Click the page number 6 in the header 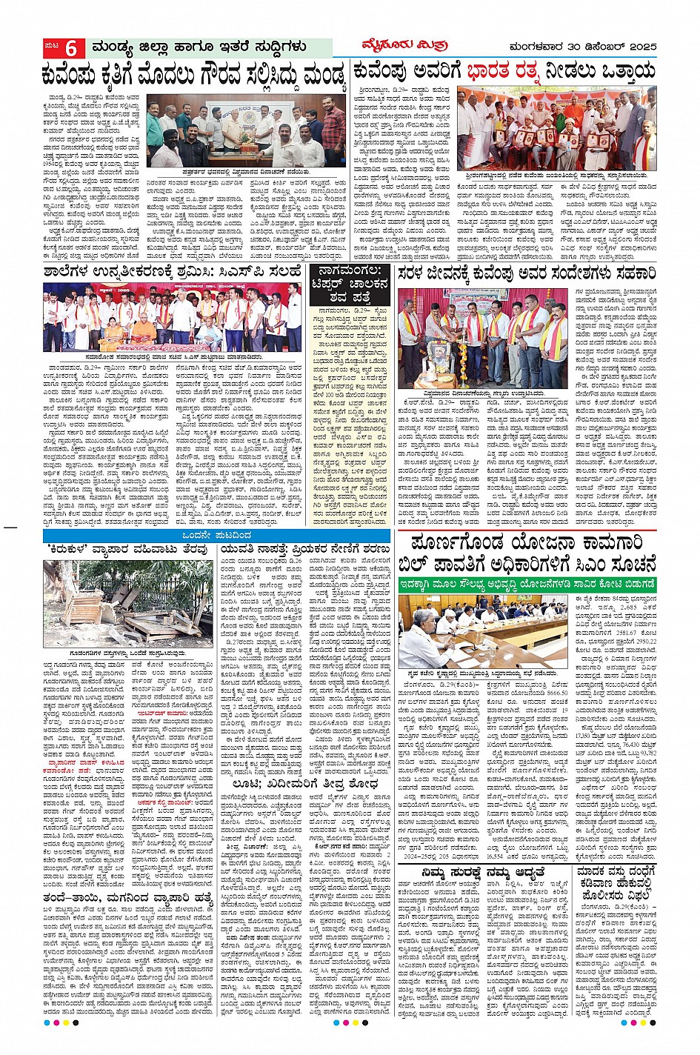point(72,47)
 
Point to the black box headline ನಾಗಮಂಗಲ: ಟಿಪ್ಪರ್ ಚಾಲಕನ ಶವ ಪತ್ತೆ point(353,284)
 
